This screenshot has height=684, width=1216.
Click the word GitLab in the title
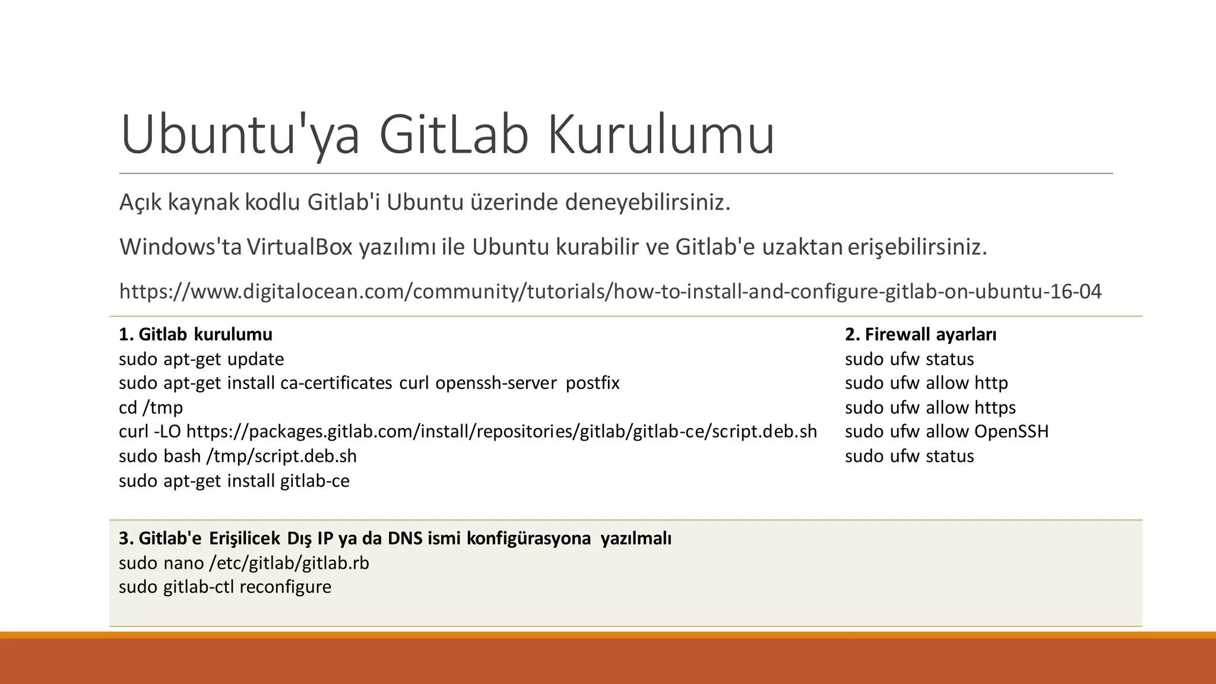[453, 135]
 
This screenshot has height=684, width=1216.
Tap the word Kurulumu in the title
[661, 135]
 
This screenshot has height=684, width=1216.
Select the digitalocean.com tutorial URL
[610, 292]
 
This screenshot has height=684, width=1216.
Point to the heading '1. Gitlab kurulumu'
[195, 335]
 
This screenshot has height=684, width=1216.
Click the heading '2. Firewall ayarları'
[920, 335]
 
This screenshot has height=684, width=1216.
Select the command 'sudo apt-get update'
[201, 359]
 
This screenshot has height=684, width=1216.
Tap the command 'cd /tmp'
[151, 408]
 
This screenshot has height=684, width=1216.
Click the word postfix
[593, 384]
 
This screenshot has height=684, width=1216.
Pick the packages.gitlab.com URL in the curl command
[502, 432]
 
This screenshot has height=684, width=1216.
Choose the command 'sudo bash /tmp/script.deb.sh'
[237, 456]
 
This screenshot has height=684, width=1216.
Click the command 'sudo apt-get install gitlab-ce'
[234, 481]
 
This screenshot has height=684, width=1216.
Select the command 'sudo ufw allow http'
[926, 384]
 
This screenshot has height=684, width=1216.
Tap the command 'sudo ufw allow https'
[930, 408]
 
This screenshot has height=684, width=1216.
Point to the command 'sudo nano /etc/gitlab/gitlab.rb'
[243, 563]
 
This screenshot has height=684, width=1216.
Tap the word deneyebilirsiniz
[647, 203]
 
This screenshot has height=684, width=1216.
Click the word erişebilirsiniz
[917, 247]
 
